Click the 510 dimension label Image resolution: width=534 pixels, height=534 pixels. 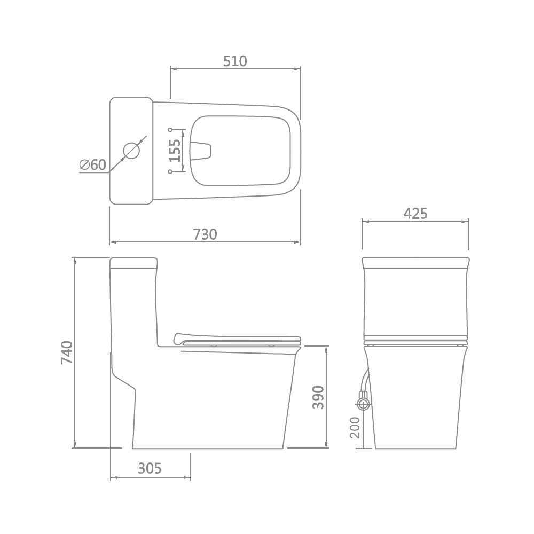[235, 61]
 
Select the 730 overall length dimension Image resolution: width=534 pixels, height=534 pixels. [205, 234]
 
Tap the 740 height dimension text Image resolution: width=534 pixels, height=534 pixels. [67, 352]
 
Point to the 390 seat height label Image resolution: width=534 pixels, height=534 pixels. [318, 397]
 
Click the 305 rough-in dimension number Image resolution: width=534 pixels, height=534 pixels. [150, 469]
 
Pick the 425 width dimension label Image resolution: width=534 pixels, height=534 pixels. [415, 214]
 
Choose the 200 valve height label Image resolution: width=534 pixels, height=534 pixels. [355, 428]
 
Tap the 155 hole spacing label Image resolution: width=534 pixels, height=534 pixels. [175, 151]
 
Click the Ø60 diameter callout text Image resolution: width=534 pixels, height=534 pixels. [92, 165]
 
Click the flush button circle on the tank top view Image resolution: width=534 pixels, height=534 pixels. [131, 151]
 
